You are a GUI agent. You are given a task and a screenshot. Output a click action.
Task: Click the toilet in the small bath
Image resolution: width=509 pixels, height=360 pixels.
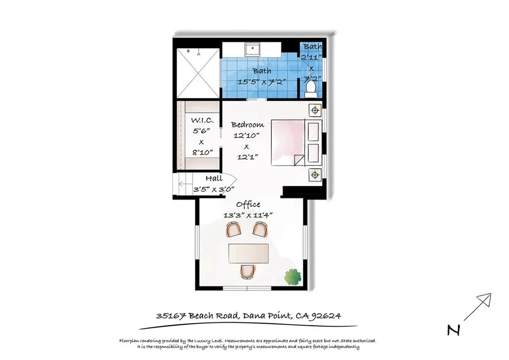tap(311, 89)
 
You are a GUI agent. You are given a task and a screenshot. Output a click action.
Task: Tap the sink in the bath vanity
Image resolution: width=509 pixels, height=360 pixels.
tap(254, 49)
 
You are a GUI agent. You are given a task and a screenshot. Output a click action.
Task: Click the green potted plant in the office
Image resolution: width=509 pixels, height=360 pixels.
tap(293, 277)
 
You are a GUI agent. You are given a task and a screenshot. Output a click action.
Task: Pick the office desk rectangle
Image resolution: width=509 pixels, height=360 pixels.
tap(248, 254)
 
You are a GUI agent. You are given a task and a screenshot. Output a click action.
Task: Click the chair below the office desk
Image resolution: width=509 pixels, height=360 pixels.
tap(248, 271)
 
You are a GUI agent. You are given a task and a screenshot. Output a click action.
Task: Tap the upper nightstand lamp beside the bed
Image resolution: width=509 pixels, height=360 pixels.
tap(315, 110)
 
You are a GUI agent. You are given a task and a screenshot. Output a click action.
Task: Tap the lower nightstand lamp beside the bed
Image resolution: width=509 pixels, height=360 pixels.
tap(315, 175)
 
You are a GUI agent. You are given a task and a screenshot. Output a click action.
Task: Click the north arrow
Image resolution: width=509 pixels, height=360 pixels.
tap(478, 307)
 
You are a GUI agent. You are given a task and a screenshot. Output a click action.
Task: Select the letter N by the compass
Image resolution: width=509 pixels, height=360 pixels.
tap(452, 330)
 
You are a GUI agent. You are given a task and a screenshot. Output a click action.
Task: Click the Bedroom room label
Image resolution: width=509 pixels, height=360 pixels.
tap(247, 124)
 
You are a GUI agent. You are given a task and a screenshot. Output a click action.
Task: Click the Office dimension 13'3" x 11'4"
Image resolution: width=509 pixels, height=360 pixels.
tap(248, 215)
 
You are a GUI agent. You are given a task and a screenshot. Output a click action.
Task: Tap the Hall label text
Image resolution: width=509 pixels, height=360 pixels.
tap(214, 179)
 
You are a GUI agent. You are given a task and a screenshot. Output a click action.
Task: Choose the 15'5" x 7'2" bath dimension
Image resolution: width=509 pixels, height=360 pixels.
tap(261, 82)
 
